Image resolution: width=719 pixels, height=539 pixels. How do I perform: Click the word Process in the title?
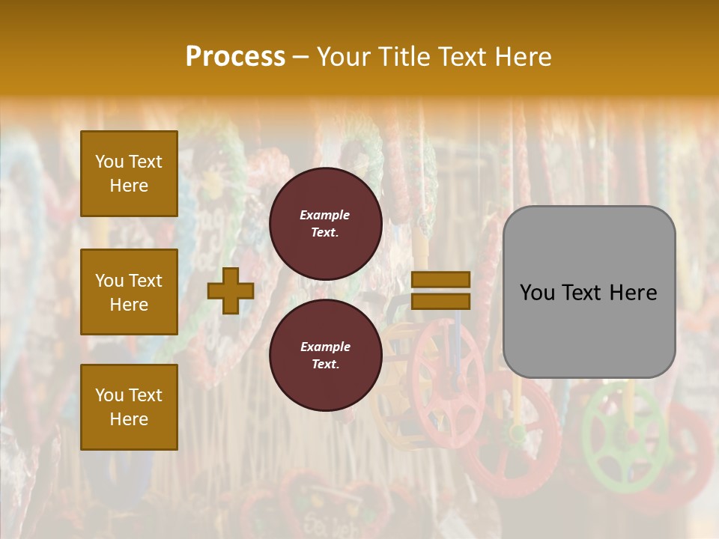[235, 57]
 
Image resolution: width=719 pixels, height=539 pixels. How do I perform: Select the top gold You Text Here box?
[129, 174]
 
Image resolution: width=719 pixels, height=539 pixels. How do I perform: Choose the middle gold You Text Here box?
[129, 292]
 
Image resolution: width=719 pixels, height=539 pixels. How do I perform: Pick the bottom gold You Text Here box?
[129, 407]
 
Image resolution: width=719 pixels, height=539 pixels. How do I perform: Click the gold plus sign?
[231, 291]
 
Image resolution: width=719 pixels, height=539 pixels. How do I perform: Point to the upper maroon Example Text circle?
[325, 223]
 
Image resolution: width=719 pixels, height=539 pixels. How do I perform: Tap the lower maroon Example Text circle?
[325, 355]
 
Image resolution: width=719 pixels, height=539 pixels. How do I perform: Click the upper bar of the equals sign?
[441, 280]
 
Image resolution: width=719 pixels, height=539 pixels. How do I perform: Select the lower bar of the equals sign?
[441, 301]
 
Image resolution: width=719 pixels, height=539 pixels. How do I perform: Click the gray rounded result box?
[589, 292]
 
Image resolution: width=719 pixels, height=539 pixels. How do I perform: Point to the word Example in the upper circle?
[324, 215]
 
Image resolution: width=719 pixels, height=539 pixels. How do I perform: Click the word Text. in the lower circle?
[325, 364]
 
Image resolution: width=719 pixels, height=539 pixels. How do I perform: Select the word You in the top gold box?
[109, 162]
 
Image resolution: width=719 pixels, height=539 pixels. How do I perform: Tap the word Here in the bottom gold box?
[129, 419]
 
